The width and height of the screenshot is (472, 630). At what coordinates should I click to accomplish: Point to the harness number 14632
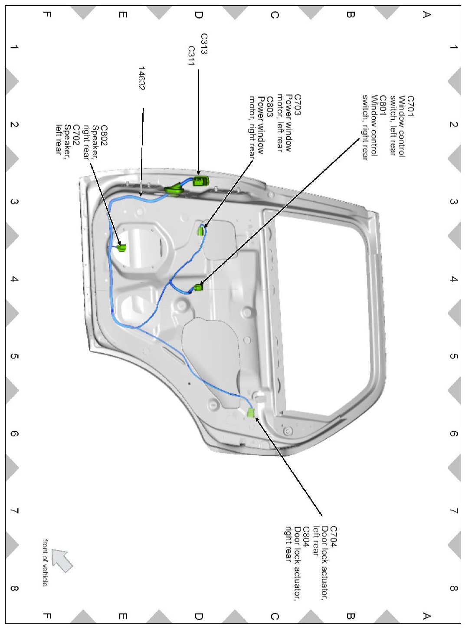pyautogui.click(x=141, y=78)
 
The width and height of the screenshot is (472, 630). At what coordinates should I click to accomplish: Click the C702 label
pyautogui.click(x=76, y=135)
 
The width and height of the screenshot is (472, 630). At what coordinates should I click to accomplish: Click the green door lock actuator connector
pyautogui.click(x=250, y=412)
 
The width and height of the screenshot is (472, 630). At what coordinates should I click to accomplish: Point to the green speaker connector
pyautogui.click(x=121, y=248)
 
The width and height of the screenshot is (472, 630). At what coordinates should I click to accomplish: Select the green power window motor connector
pyautogui.click(x=200, y=230)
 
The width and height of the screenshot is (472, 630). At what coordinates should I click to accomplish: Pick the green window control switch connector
pyautogui.click(x=199, y=287)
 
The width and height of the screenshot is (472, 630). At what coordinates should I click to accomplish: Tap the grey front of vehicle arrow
pyautogui.click(x=62, y=559)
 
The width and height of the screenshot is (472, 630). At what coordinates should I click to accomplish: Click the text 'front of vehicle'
pyautogui.click(x=45, y=562)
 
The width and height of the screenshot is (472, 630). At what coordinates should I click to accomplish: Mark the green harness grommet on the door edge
pyautogui.click(x=174, y=189)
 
